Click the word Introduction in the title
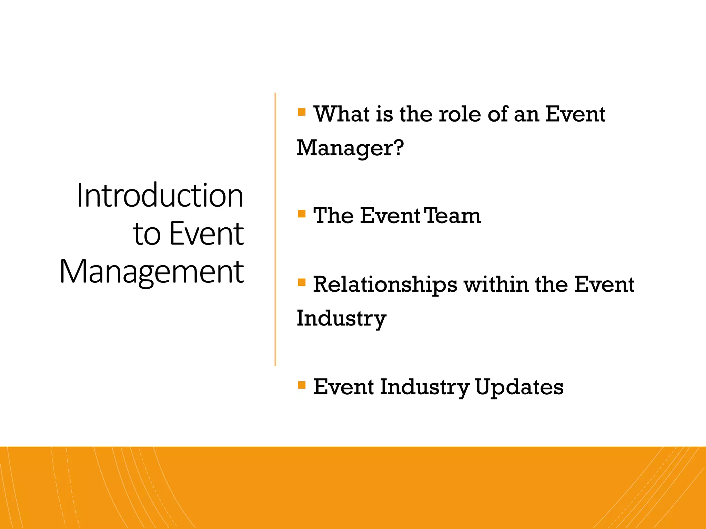(160, 196)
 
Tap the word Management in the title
(152, 272)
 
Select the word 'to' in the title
(147, 234)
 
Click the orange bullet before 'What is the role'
(302, 112)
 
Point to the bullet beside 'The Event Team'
(302, 214)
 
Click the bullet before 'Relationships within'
(302, 283)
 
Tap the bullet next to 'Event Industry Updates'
(302, 385)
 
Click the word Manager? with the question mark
(350, 148)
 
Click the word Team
(452, 216)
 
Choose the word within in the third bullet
(496, 285)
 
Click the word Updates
(519, 387)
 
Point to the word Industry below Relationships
(341, 319)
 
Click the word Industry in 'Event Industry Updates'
(425, 387)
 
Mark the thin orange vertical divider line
(275, 229)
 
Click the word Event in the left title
(207, 234)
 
